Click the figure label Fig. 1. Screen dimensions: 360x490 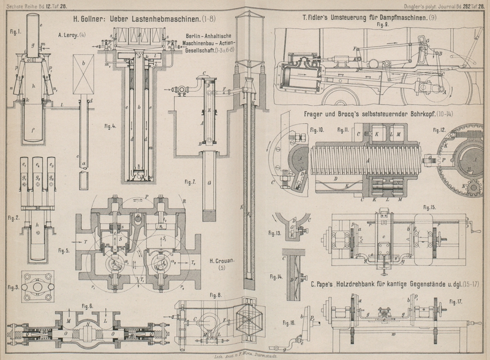tap(15, 32)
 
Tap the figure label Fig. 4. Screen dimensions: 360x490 tap(110, 127)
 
